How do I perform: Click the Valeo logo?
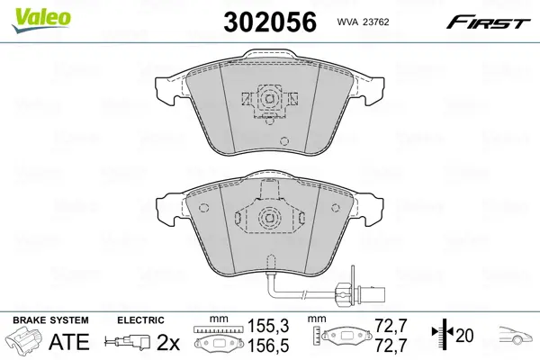pyautogui.click(x=41, y=20)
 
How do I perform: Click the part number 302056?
pyautogui.click(x=270, y=22)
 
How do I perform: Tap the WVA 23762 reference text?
pyautogui.click(x=363, y=22)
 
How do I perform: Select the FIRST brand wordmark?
pyautogui.click(x=488, y=23)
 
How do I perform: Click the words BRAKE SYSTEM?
pyautogui.click(x=50, y=320)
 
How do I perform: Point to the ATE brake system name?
pyautogui.click(x=69, y=342)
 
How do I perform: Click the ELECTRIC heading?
pyautogui.click(x=140, y=320)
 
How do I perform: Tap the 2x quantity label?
pyautogui.click(x=168, y=342)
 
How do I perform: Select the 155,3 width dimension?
pyautogui.click(x=268, y=326)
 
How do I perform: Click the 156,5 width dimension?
pyautogui.click(x=268, y=346)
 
